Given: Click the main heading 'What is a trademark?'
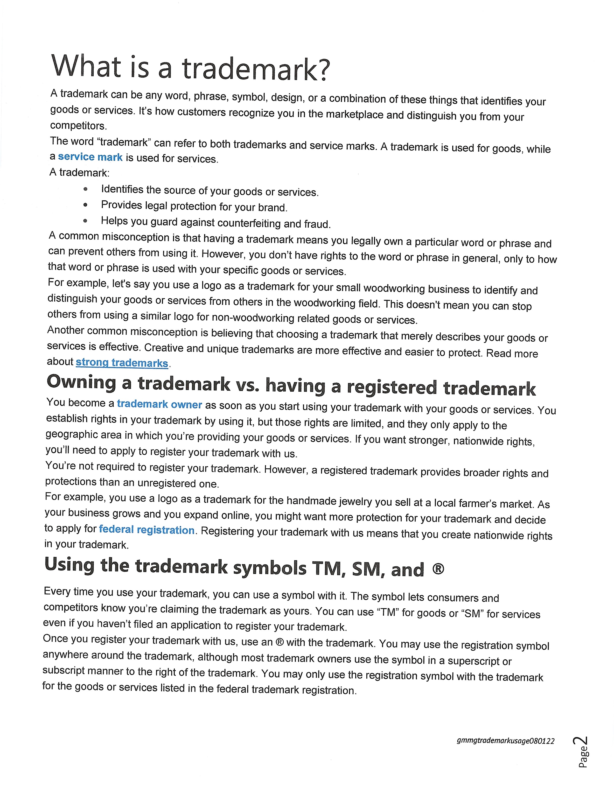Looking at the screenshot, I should point(190,67).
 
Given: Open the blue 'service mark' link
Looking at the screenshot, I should point(90,157).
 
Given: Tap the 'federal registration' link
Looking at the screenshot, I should point(147,530).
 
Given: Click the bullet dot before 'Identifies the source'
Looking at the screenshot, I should point(85,189).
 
